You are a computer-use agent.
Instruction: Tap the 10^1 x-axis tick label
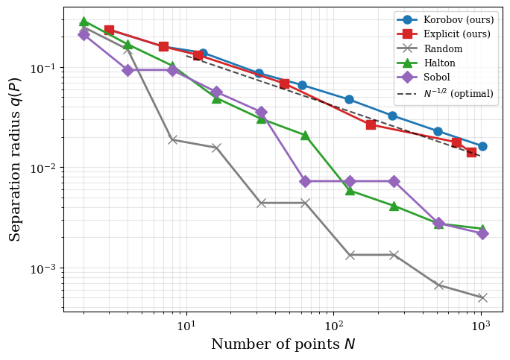(186, 325)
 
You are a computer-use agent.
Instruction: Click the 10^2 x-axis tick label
(333, 325)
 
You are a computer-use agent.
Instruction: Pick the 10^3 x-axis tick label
(481, 325)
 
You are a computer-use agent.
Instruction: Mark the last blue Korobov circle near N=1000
(482, 146)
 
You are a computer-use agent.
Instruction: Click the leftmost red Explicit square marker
(109, 30)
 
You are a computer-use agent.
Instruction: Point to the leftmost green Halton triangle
(84, 22)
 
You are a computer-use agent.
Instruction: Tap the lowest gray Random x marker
(482, 297)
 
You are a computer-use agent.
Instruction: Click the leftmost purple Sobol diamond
(84, 34)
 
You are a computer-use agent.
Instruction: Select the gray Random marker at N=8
(172, 139)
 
